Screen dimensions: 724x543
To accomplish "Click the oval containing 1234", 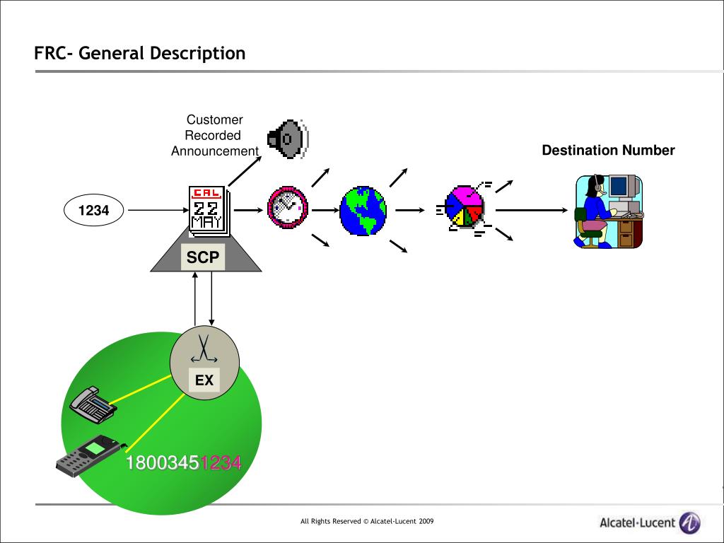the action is point(94,210).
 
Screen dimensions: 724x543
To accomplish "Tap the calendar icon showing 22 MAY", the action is point(209,211).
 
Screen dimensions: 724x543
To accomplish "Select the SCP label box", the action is point(203,257).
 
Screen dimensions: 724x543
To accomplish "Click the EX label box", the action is point(204,380).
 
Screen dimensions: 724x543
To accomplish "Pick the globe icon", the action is point(363,211).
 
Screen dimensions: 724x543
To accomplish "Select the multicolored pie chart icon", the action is point(465,207).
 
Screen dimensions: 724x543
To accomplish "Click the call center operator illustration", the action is point(609,211).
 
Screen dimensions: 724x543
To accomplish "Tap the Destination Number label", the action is point(608,150).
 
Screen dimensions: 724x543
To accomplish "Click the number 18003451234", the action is point(184,462).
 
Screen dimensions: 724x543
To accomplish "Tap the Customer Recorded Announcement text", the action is point(215,135).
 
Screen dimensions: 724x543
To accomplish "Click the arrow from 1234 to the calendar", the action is point(158,210).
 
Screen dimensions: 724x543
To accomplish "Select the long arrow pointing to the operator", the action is point(532,210).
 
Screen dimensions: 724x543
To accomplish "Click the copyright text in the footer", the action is point(367,521).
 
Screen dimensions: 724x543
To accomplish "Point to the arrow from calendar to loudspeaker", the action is point(245,171).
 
